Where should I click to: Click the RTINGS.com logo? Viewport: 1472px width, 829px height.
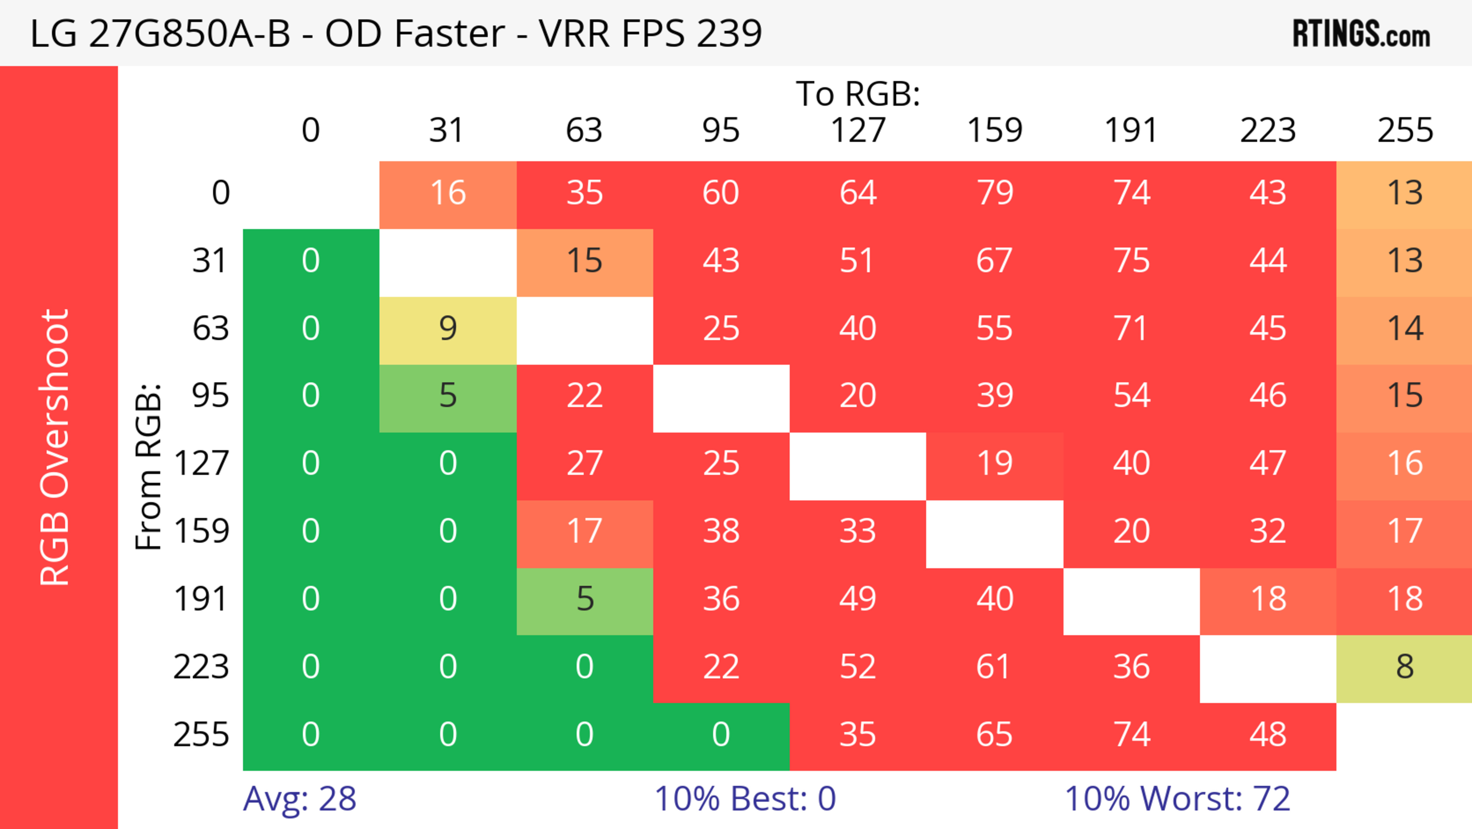(1361, 34)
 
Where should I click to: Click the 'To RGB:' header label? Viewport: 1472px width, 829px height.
(858, 93)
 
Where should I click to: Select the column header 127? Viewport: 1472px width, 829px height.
(858, 130)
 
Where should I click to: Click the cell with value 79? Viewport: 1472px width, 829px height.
(995, 193)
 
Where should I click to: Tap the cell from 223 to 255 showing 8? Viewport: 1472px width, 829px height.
(1405, 667)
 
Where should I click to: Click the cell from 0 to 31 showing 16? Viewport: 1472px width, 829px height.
(448, 193)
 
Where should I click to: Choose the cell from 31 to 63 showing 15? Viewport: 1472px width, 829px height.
(585, 261)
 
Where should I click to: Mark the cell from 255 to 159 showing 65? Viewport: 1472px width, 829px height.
(995, 735)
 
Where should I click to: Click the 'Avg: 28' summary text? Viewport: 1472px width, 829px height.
(299, 799)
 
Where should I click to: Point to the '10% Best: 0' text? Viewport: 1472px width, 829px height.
(744, 799)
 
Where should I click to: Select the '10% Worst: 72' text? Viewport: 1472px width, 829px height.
(1177, 799)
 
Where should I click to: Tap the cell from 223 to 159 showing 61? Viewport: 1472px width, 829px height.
(995, 667)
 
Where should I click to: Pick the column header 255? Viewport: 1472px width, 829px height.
(1405, 130)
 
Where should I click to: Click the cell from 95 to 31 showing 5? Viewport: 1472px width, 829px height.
(448, 396)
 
